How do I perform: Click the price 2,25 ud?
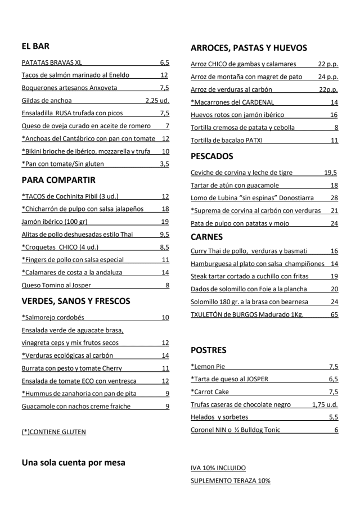pyautogui.click(x=157, y=101)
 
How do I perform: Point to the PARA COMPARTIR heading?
pyautogui.click(x=58, y=180)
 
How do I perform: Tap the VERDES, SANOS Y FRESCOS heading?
pyautogui.click(x=76, y=301)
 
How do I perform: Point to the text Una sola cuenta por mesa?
pyautogui.click(x=73, y=463)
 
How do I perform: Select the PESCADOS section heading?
pyautogui.click(x=211, y=156)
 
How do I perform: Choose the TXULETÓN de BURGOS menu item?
pyautogui.click(x=247, y=314)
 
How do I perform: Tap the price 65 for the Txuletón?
pyautogui.click(x=334, y=314)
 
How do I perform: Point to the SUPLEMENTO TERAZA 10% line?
pyautogui.click(x=231, y=481)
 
